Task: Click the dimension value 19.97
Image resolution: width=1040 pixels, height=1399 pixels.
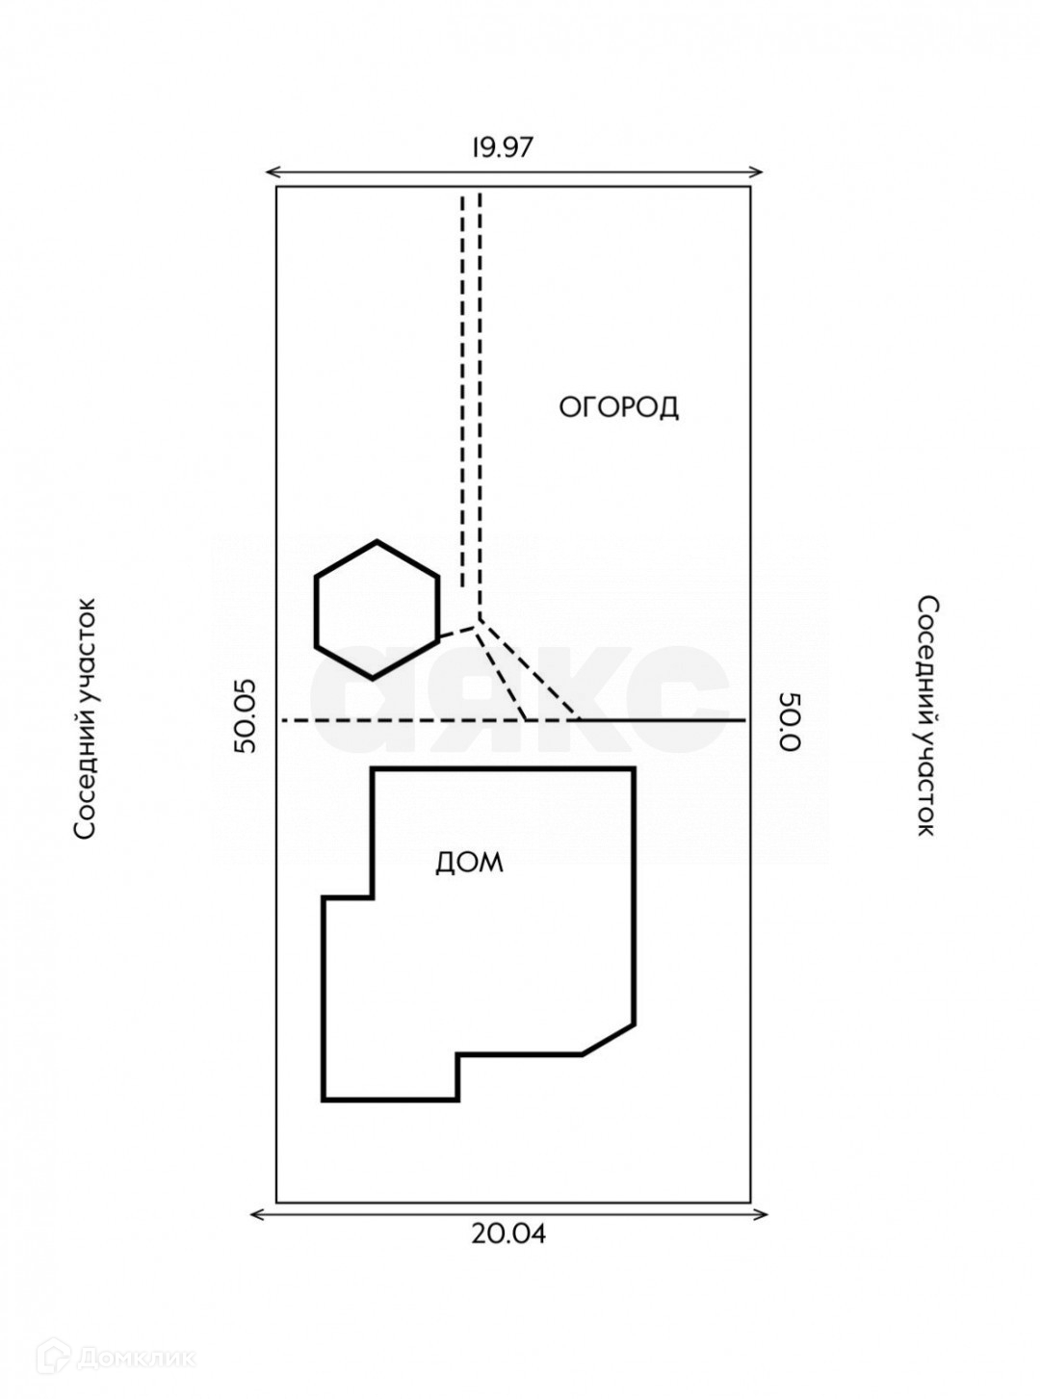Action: click(x=504, y=147)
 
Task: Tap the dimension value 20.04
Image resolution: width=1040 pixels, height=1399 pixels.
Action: click(x=508, y=1234)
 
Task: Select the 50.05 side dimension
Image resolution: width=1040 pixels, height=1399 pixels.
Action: click(x=245, y=716)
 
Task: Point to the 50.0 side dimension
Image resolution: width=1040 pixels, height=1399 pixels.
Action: click(x=790, y=721)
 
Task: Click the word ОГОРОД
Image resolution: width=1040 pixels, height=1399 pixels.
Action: click(x=619, y=407)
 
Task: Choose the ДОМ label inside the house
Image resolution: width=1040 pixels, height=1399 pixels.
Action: click(x=470, y=863)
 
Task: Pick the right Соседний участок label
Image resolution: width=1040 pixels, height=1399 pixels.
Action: click(x=927, y=716)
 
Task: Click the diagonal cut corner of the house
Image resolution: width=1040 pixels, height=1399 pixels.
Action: click(x=609, y=1040)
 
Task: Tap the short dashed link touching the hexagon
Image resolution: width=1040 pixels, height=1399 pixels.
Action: click(x=456, y=632)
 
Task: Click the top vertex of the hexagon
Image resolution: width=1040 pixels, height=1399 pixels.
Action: click(x=377, y=540)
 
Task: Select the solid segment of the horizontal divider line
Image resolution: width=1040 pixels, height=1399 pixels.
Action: click(x=662, y=719)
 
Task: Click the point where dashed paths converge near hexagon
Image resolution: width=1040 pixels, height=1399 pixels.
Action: click(x=480, y=621)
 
